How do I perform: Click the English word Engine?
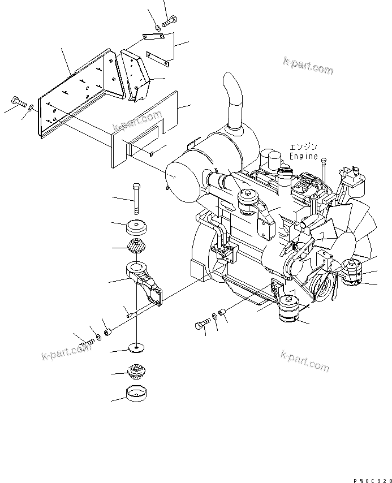pyautogui.click(x=304, y=156)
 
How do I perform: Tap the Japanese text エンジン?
pyautogui.click(x=304, y=147)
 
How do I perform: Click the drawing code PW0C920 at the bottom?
pyautogui.click(x=372, y=480)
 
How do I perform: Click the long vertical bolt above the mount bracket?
pyautogui.click(x=136, y=199)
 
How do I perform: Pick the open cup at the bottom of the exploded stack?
pyautogui.click(x=136, y=394)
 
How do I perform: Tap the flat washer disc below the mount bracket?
pyautogui.click(x=136, y=348)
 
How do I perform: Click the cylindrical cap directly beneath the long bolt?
pyautogui.click(x=136, y=227)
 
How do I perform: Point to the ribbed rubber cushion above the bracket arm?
pyautogui.click(x=136, y=246)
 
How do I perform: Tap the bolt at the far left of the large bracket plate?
pyautogui.click(x=19, y=102)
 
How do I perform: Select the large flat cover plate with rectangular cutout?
pyautogui.click(x=145, y=130)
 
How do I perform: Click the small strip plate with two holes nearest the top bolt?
pyautogui.click(x=153, y=37)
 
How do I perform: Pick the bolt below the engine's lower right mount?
pyautogui.click(x=202, y=324)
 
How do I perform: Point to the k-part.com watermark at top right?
pyautogui.click(x=308, y=66)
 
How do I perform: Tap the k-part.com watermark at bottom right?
pyautogui.click(x=305, y=361)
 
